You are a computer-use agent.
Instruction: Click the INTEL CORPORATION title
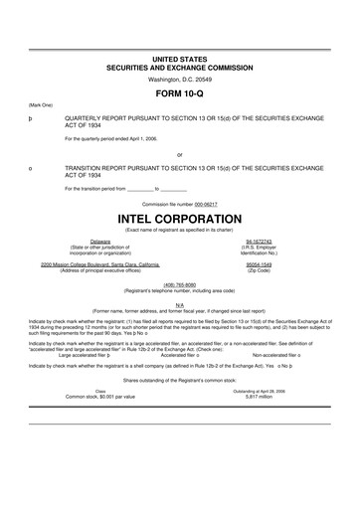[x=179, y=216]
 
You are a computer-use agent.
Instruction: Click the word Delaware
[x=100, y=241]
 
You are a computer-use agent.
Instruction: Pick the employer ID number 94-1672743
[x=258, y=241]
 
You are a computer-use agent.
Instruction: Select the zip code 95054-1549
[x=258, y=265]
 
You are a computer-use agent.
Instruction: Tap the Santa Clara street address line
[x=100, y=265]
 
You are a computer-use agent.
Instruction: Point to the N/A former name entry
[x=179, y=304]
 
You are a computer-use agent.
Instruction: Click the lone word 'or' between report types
[x=179, y=154]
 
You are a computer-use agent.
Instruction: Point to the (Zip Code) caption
[x=258, y=271]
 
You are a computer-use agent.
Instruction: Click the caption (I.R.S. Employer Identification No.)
[x=258, y=250]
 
